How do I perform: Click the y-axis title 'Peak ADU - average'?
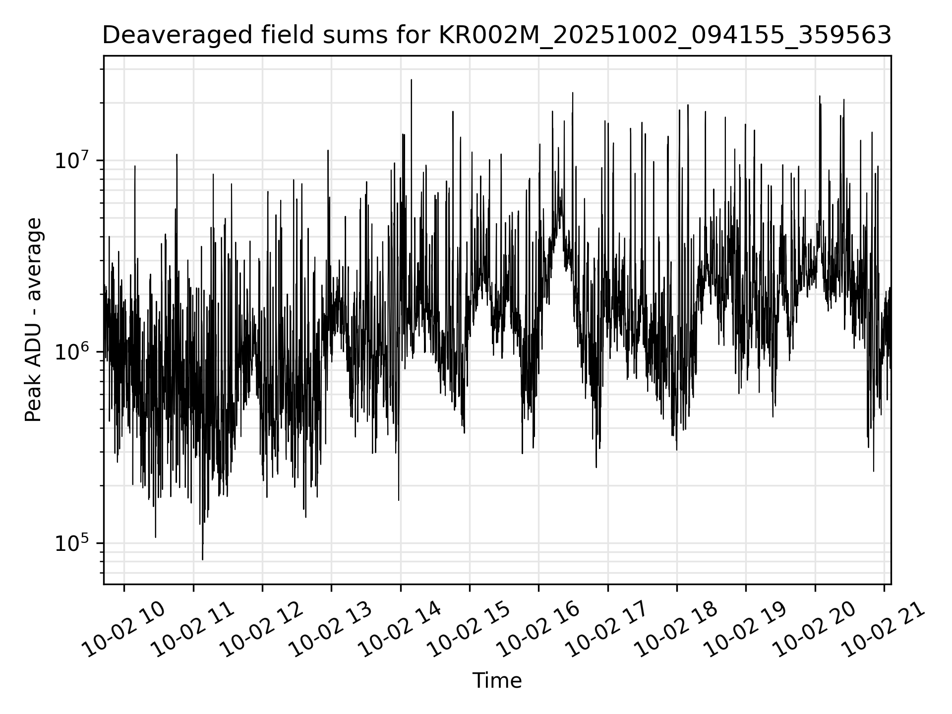pos(33,320)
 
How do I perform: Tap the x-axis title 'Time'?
pos(497,681)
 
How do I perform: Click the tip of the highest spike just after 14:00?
pos(411,79)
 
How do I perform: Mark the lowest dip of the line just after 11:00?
pos(202,559)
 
